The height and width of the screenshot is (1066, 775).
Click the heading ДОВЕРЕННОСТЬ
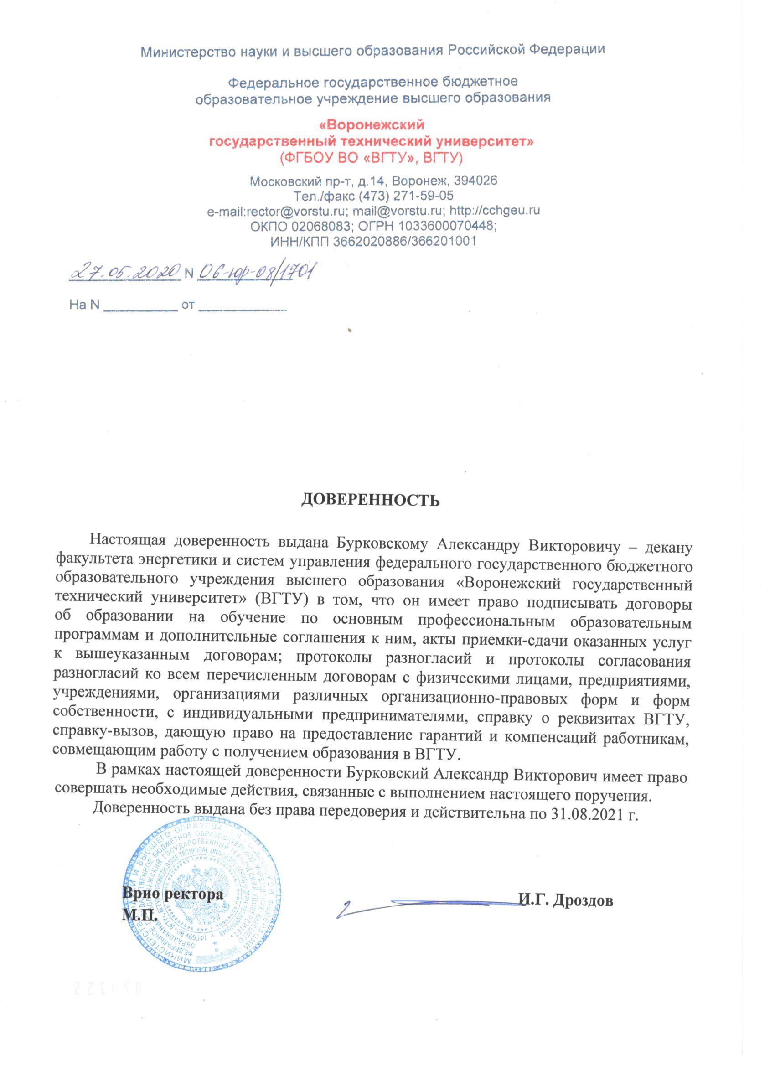click(370, 500)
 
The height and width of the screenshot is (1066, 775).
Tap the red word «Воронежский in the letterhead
click(371, 125)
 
